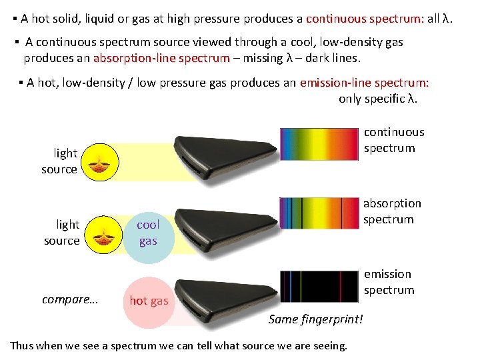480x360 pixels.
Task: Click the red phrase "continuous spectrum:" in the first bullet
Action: [x=365, y=19]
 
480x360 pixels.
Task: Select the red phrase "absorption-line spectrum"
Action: [x=161, y=58]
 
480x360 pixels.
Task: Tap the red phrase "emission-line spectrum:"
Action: [x=364, y=83]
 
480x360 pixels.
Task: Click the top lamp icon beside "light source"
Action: [x=103, y=163]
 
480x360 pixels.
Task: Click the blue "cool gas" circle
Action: [x=148, y=233]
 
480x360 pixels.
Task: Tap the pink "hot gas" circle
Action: [x=148, y=301]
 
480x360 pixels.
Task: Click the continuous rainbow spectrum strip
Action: [x=321, y=143]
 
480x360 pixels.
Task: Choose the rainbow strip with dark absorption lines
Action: [x=321, y=213]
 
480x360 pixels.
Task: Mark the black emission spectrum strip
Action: [x=321, y=286]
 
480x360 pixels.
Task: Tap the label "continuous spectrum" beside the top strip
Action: [x=393, y=140]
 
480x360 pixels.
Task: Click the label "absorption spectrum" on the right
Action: [x=392, y=211]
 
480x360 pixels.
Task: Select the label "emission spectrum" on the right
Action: [x=389, y=282]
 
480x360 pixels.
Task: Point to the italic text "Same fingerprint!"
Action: [x=316, y=319]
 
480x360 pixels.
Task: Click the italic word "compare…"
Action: [x=70, y=299]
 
